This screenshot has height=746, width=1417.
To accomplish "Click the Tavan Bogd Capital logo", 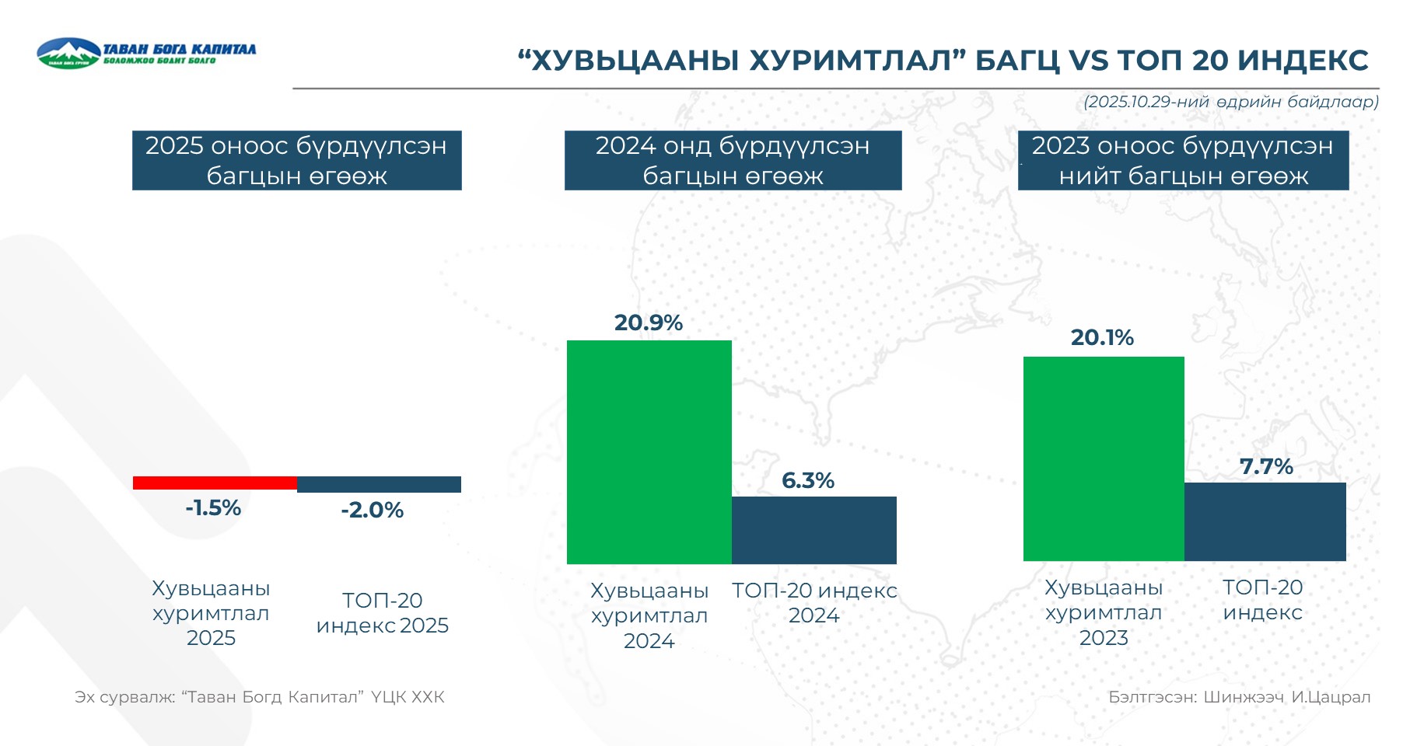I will coord(145,53).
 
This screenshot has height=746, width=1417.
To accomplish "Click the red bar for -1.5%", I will coord(215,483).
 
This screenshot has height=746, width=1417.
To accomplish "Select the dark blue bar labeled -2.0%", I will coord(379,484).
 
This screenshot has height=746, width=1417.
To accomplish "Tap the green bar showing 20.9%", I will coord(649,451).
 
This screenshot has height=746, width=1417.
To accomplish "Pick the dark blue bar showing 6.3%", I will coord(813,530).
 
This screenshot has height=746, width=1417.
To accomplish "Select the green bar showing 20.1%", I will coord(1103,458).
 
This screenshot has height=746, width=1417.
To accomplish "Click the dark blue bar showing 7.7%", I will coord(1265,521).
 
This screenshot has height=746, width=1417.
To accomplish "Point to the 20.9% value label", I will coord(648,322).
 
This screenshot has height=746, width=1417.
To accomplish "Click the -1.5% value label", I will coord(213,508).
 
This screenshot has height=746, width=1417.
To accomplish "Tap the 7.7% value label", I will coord(1265,466).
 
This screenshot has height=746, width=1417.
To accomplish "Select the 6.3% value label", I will coord(807,480).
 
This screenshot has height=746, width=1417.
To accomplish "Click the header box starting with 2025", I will coord(296,160).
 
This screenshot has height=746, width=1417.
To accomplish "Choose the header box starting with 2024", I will coord(733,160).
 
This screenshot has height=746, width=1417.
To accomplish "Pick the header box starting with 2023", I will coord(1183,160).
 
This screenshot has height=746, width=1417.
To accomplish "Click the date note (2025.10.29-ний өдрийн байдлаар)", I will coord(1230,102).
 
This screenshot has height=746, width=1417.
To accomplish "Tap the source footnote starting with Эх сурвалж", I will coord(260,697).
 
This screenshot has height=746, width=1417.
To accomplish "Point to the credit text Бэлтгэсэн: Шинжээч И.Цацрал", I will coord(1239,697).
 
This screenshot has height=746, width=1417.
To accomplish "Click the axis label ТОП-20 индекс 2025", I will coord(382,612).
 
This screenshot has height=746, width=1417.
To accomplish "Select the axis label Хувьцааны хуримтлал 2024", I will coord(649,615).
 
